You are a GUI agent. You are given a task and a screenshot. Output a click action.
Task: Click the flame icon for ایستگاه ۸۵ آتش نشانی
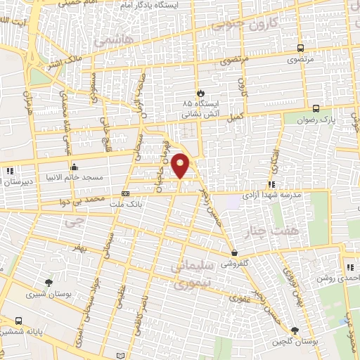point(200,92)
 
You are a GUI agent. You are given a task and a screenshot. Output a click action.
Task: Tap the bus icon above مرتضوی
point(301,49)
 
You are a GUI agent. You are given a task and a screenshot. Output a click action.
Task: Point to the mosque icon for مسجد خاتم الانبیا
point(75,167)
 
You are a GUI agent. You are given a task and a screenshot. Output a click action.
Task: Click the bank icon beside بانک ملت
point(125,193)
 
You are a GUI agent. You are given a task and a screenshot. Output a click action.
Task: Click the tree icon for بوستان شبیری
point(48,283)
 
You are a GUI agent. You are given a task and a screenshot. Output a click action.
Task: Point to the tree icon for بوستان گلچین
point(295,330)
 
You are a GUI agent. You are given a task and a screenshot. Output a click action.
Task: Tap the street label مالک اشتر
point(63,65)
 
